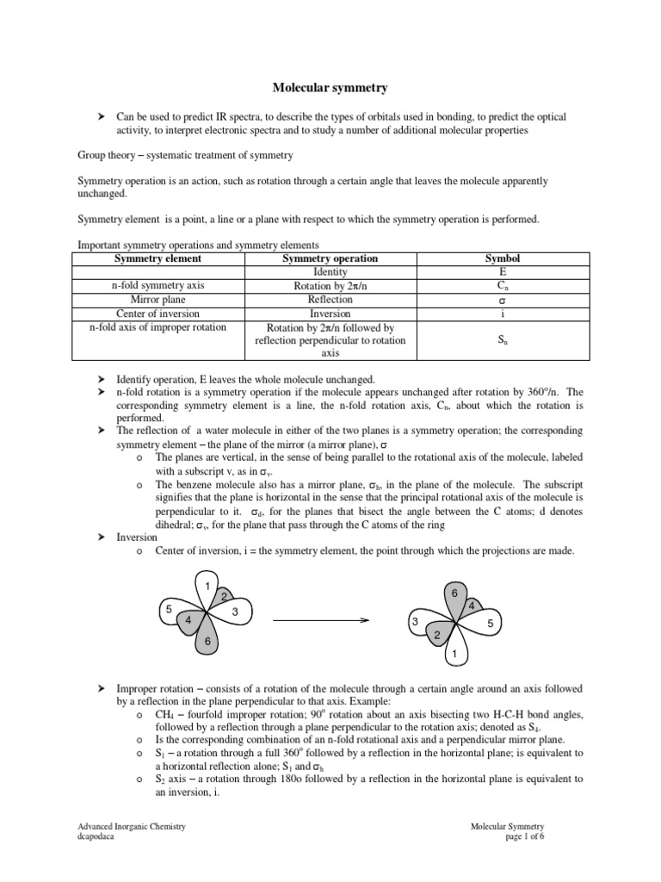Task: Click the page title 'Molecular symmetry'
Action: (330, 87)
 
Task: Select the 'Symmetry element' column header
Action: (158, 258)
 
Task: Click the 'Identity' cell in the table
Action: (330, 271)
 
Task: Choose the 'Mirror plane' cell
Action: (158, 300)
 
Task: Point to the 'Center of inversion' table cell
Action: (158, 314)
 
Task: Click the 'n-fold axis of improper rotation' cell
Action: (158, 327)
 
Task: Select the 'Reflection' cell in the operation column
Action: (330, 300)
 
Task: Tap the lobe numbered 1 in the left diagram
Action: (207, 587)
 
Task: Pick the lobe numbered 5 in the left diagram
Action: (170, 611)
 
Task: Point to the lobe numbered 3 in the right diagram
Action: (415, 622)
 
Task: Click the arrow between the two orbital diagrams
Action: (319, 620)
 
